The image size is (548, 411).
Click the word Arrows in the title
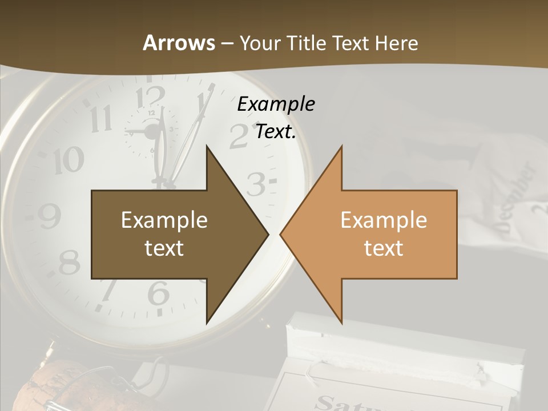pos(179,43)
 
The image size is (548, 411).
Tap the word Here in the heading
pos(396,43)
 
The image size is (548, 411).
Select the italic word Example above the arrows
pos(276,104)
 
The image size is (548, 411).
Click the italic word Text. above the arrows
pos(276,132)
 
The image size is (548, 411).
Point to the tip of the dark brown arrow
pos(268,234)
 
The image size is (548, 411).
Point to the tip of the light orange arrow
pos(281,234)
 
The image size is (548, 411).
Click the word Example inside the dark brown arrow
pos(164,220)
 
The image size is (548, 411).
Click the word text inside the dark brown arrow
pos(164,248)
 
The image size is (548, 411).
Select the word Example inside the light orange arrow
pos(384,220)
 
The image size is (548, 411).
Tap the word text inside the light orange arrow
pos(384,248)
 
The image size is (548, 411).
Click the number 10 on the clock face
pos(68,161)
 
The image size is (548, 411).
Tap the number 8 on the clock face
pos(70,263)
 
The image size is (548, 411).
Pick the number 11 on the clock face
pos(101,119)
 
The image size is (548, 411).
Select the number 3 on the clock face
pos(257,184)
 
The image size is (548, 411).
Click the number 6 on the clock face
pos(158,295)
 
